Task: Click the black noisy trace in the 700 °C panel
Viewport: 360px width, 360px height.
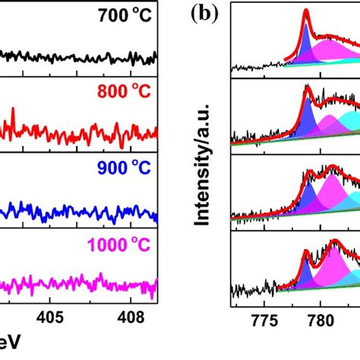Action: (x=76, y=56)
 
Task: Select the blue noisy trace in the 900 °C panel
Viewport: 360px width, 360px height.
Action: (x=76, y=210)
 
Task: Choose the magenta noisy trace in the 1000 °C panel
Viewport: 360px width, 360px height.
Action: (x=76, y=286)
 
